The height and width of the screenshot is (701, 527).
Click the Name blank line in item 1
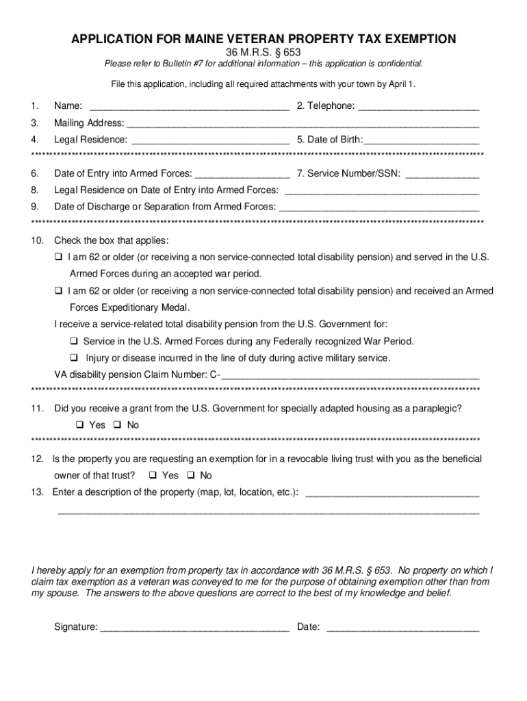tap(189, 107)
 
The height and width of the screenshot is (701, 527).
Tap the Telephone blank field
tap(418, 107)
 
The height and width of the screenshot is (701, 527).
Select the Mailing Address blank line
tap(303, 125)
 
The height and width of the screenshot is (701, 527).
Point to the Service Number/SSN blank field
tap(442, 175)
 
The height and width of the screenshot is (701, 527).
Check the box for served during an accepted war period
tap(58, 257)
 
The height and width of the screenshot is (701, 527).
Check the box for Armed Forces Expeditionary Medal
tap(58, 291)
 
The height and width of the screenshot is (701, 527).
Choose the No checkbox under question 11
tap(117, 425)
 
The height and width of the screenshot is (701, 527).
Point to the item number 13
tap(37, 492)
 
